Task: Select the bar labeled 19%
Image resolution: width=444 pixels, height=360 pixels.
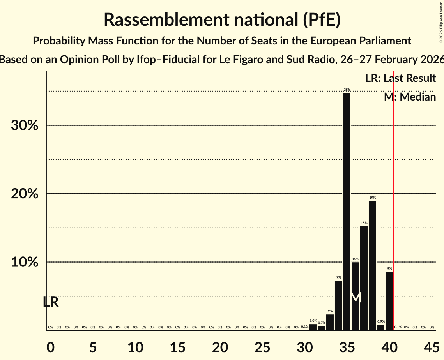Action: pos(372,265)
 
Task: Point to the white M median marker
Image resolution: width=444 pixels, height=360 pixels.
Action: pos(356,298)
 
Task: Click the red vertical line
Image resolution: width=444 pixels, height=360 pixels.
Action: pos(394,195)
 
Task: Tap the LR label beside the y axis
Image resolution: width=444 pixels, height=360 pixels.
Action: pos(51,302)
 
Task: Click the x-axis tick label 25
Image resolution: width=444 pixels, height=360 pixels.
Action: pos(262,346)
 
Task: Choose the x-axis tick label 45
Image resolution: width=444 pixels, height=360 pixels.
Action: pos(432,346)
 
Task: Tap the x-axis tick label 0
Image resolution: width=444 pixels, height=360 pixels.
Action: pos(50,346)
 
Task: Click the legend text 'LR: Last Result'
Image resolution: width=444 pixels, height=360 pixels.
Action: pos(400,78)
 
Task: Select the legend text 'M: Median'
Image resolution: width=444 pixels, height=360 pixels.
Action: pos(410,97)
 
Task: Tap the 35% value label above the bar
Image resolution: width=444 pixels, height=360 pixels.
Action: pos(347,90)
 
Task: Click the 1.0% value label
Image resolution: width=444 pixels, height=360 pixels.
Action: pos(313,321)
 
